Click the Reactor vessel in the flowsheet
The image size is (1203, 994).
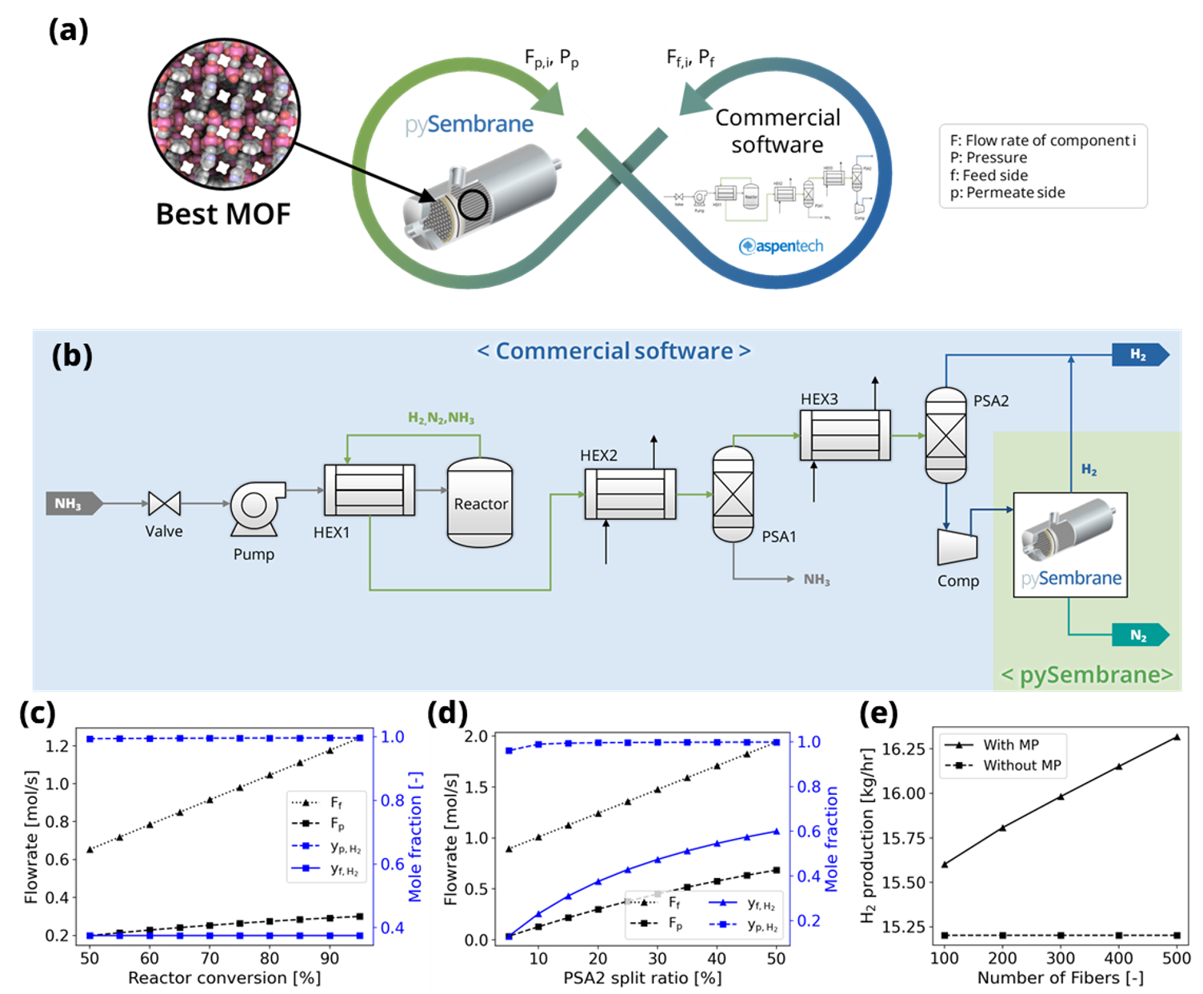pos(480,502)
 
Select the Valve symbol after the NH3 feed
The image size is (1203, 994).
pos(164,504)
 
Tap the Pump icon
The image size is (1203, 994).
pos(255,508)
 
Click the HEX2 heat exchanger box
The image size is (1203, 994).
pos(630,494)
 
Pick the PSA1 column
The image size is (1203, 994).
pos(733,494)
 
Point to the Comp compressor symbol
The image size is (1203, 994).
pos(957,546)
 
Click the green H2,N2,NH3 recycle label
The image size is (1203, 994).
pos(441,418)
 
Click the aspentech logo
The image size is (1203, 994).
pos(781,246)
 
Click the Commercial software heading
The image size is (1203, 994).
pos(613,351)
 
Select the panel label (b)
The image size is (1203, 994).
pos(72,355)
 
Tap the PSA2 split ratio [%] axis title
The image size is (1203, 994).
pos(642,978)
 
